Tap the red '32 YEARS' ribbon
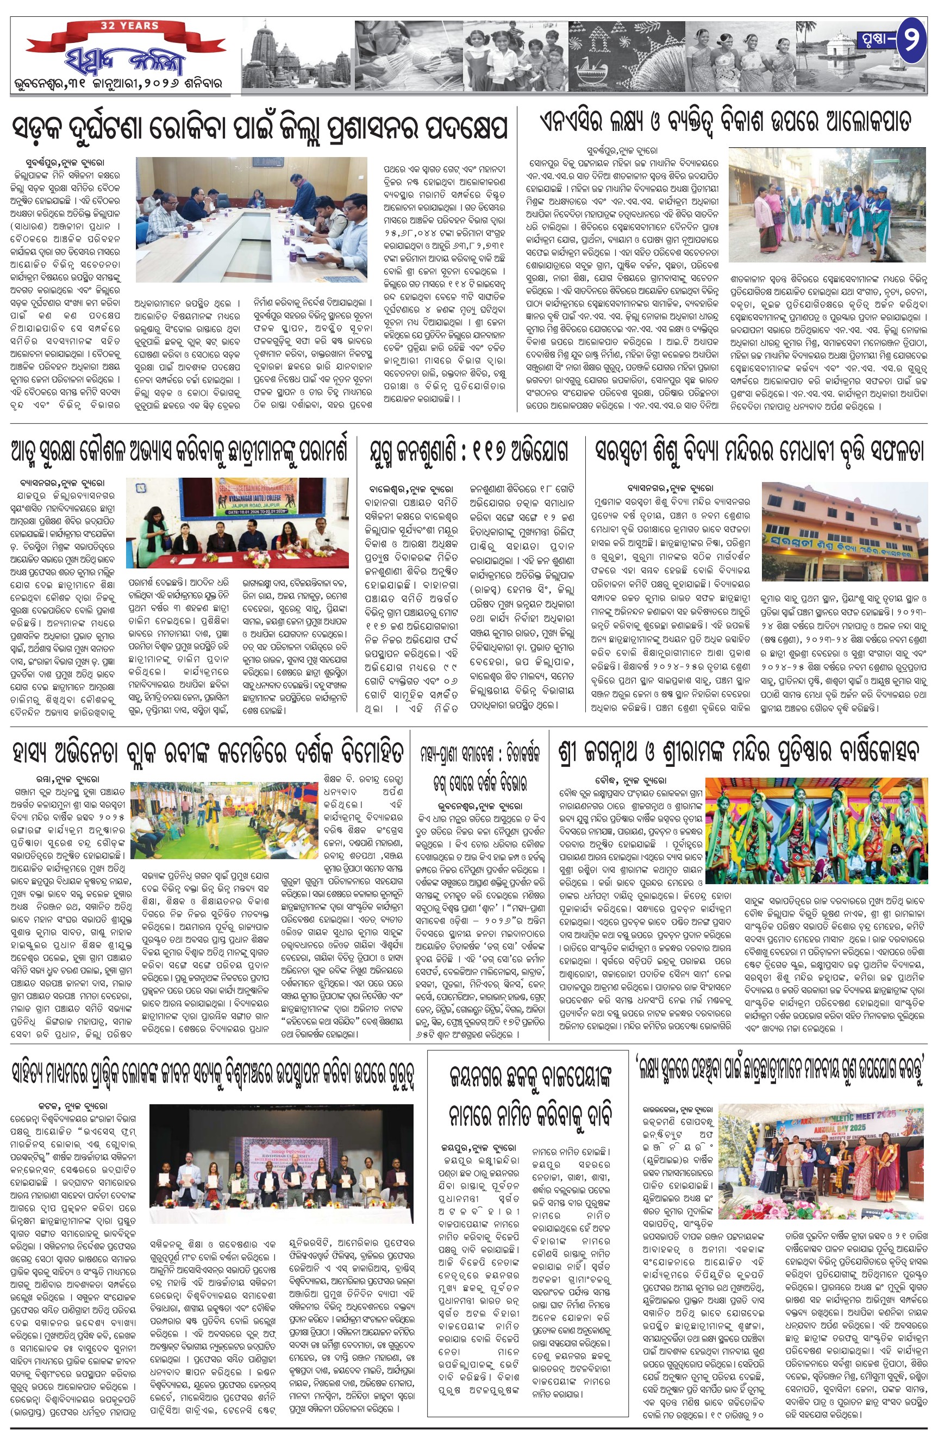[130, 27]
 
